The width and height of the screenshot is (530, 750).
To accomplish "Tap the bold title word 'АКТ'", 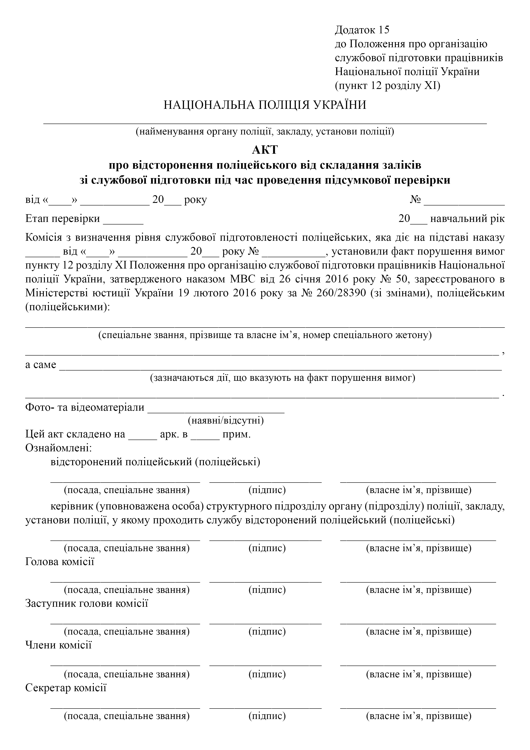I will pyautogui.click(x=265, y=150).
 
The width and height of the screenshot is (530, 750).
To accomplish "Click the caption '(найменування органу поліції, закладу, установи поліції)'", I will pyautogui.click(x=265, y=132).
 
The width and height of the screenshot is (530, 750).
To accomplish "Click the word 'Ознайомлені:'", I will pyautogui.click(x=59, y=448).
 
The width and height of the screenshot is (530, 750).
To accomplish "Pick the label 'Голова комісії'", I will pyautogui.click(x=60, y=562).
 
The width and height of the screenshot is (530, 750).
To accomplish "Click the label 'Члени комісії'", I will pyautogui.click(x=59, y=645).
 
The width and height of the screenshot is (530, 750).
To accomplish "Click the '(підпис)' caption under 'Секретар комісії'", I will pyautogui.click(x=267, y=716).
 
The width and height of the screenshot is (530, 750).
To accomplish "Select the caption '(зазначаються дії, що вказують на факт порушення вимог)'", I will pyautogui.click(x=283, y=378).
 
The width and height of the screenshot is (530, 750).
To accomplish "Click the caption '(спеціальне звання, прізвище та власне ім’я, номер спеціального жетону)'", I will pyautogui.click(x=265, y=335).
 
